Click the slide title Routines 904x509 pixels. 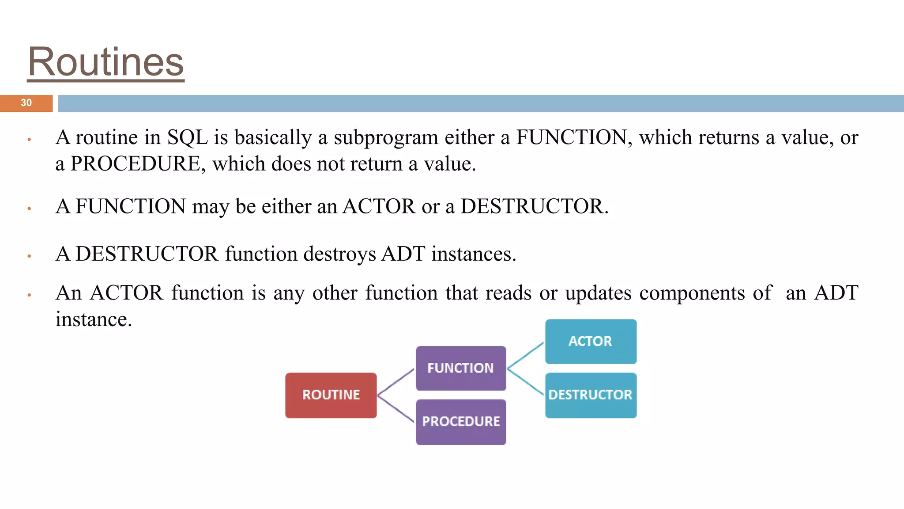point(106,62)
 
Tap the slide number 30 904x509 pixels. point(26,103)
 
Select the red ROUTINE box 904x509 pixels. point(331,395)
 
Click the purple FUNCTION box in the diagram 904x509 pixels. point(460,368)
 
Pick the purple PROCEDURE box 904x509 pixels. point(461,422)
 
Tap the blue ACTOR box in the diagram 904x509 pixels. point(591,341)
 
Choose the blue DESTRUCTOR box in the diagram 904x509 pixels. point(591,395)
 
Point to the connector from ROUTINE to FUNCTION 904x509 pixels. point(396,382)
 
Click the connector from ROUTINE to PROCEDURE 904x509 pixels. point(396,409)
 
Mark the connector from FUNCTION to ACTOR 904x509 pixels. point(525,355)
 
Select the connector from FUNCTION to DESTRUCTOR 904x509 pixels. point(525,381)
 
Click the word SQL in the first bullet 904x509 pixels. point(187,137)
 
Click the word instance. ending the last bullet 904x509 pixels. point(94,319)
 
